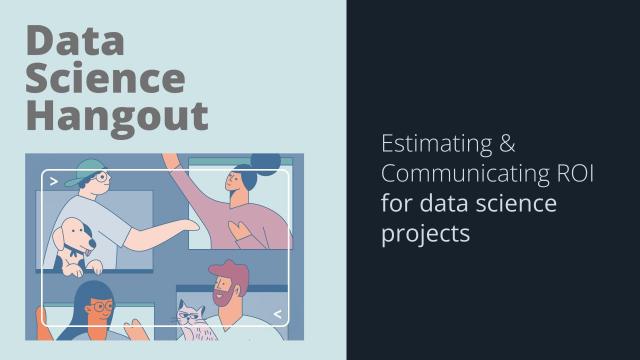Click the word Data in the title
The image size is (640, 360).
(x=76, y=41)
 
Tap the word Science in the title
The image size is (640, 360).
(x=105, y=78)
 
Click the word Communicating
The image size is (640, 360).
(x=459, y=175)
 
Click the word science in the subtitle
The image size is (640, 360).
(x=519, y=205)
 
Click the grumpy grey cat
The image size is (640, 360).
(x=191, y=318)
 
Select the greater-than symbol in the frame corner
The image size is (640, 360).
(x=53, y=182)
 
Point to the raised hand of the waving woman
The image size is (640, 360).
(x=171, y=164)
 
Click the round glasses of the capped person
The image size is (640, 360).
(x=101, y=180)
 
